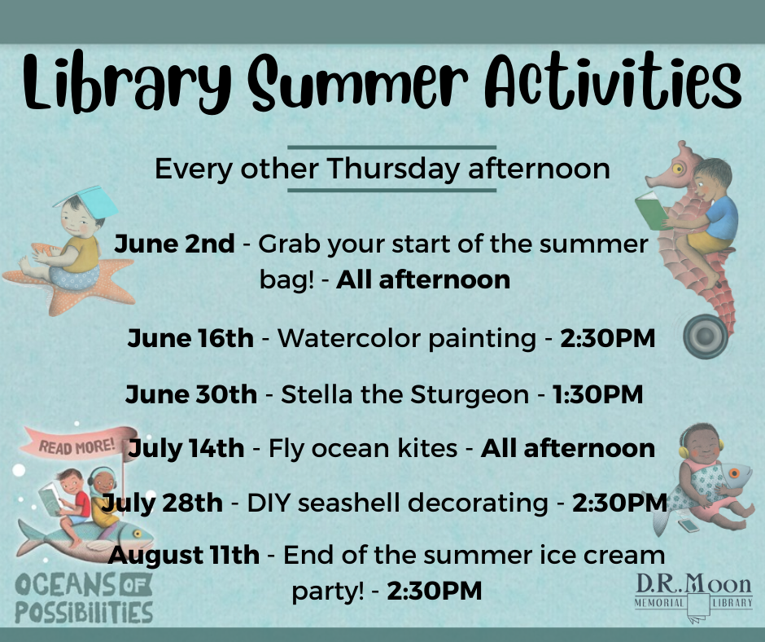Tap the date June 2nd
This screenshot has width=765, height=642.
(x=174, y=244)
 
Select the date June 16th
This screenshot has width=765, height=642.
(x=190, y=338)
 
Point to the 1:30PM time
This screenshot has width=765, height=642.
(x=597, y=394)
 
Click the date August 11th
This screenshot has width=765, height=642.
(x=184, y=556)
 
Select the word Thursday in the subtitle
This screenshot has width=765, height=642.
(x=393, y=169)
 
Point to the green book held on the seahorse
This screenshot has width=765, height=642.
(x=651, y=210)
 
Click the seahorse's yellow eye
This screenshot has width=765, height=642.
(x=678, y=169)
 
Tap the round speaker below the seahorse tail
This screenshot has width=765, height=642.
(x=706, y=336)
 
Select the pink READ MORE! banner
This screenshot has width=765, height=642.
(x=79, y=443)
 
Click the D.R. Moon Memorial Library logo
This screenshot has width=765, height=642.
(x=693, y=597)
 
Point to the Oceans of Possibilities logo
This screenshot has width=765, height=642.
(x=84, y=598)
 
